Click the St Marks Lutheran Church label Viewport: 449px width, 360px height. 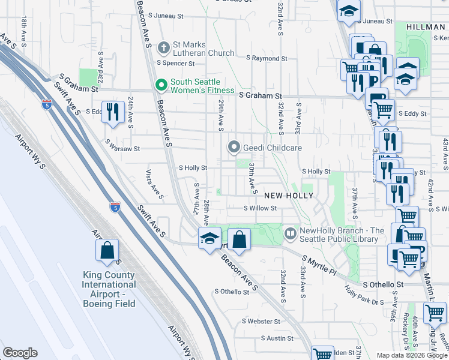(x=203, y=49)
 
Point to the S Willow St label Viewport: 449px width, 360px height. (x=259, y=209)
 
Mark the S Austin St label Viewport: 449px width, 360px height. (x=277, y=338)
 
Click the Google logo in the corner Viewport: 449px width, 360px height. (x=20, y=353)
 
